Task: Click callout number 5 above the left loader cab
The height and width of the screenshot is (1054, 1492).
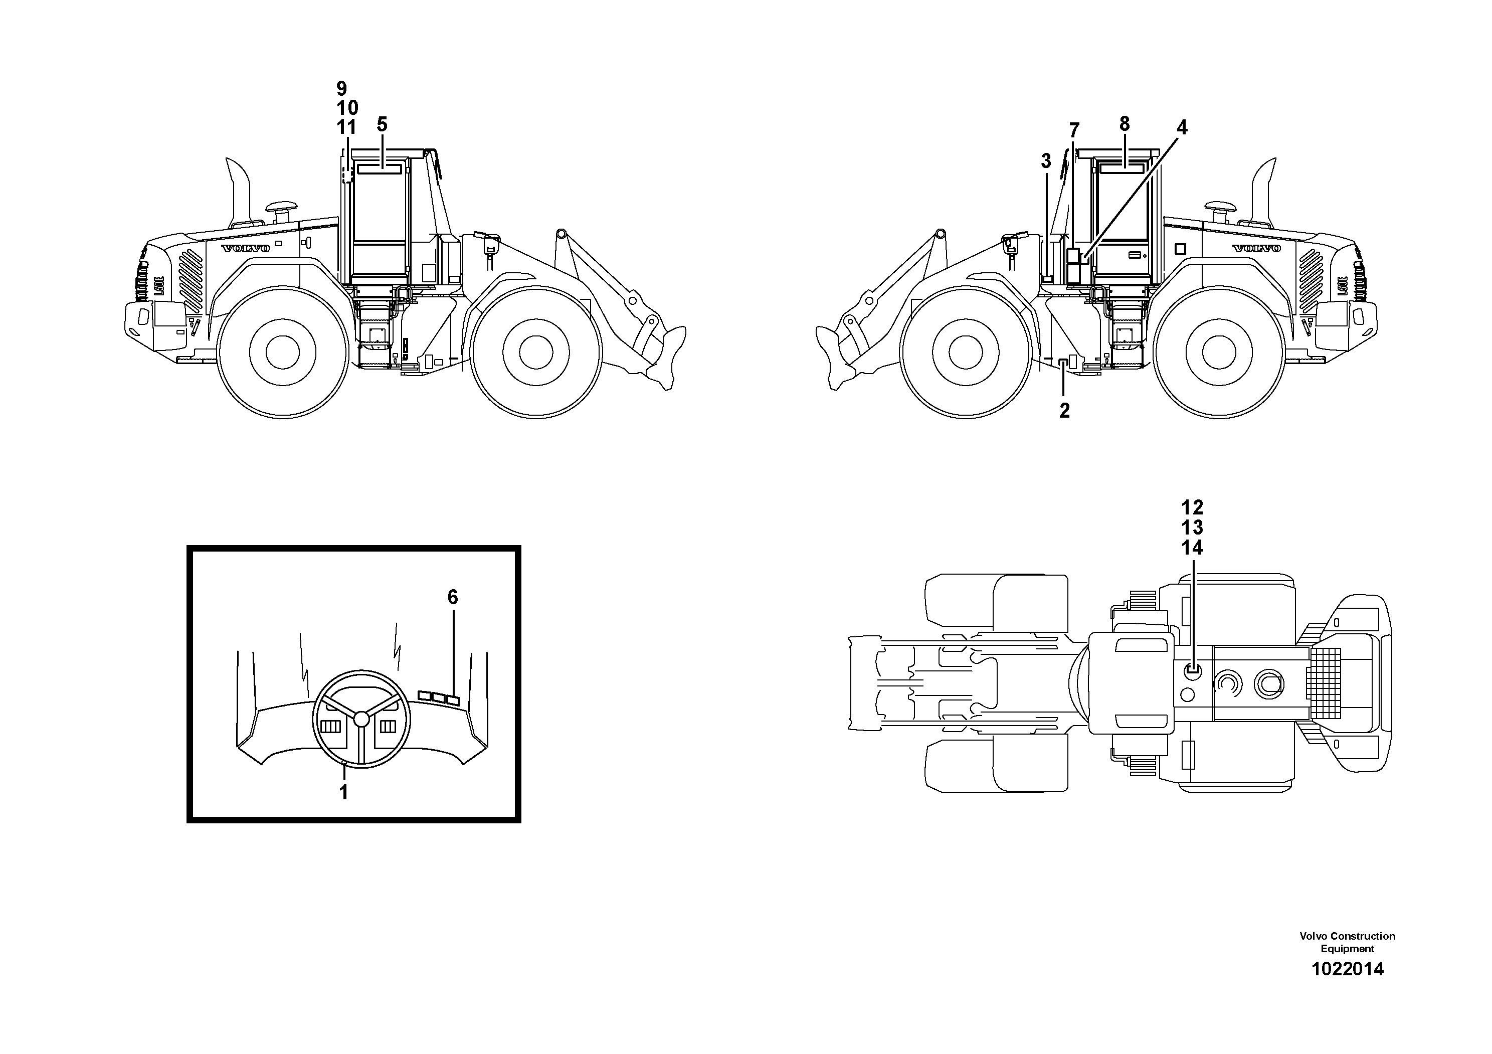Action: coord(382,124)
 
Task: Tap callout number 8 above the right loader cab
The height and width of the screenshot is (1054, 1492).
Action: coord(1124,123)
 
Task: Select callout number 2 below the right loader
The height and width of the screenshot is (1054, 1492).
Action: coord(1064,411)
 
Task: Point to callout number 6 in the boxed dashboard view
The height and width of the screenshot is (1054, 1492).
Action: coord(453,597)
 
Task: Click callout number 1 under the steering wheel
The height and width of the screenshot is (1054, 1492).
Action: coord(344,792)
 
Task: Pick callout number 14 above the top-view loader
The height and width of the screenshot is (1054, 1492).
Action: coord(1192,548)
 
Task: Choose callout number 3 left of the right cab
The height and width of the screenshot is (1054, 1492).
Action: coord(1046,161)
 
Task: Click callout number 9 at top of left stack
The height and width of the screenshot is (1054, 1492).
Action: coord(342,88)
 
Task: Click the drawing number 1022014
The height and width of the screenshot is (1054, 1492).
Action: coord(1347,969)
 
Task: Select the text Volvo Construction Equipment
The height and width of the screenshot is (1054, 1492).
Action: coord(1347,942)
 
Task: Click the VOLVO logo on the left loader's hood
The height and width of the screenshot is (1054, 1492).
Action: coord(246,248)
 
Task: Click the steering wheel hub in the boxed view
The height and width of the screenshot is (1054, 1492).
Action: coord(361,718)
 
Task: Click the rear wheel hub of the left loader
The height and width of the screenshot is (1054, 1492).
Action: coord(283,352)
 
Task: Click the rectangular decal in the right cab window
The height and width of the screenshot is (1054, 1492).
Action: coord(1122,167)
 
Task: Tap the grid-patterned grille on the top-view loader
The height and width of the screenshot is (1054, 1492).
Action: coord(1325,682)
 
